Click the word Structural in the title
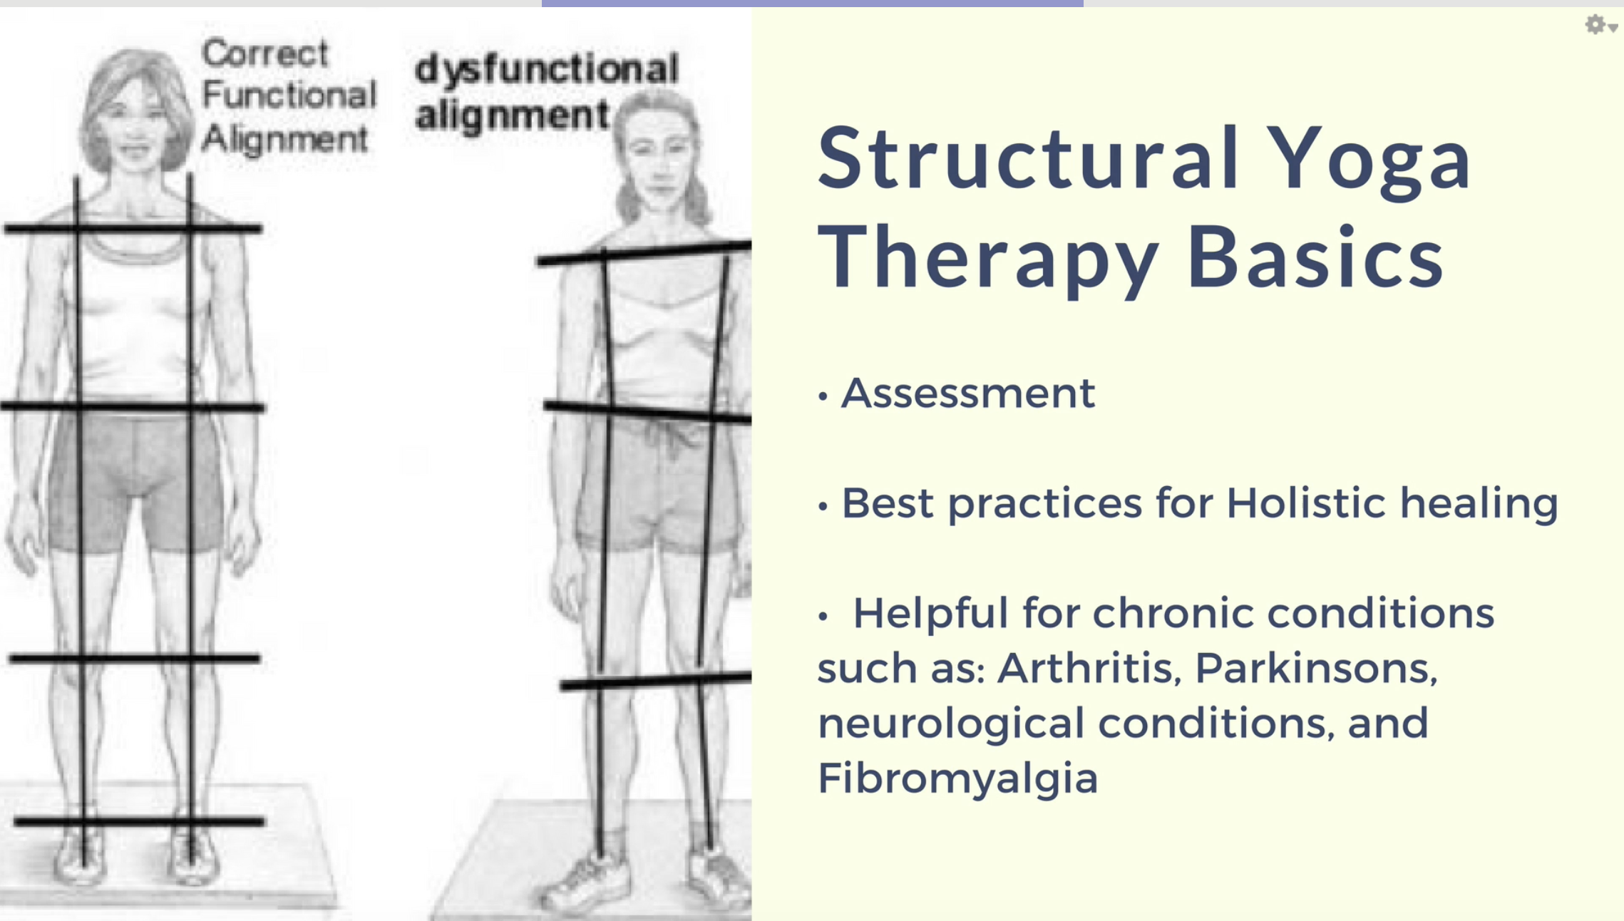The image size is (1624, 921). pyautogui.click(x=1028, y=158)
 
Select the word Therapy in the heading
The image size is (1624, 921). pyautogui.click(x=988, y=257)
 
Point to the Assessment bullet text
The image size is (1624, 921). pyautogui.click(x=968, y=393)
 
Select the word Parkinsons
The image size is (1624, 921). pyautogui.click(x=1316, y=668)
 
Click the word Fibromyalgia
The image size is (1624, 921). pyautogui.click(x=957, y=778)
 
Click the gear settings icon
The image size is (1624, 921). pyautogui.click(x=1595, y=25)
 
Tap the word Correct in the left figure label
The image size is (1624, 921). pyautogui.click(x=264, y=53)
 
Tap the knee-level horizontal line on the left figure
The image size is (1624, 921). pyautogui.click(x=135, y=659)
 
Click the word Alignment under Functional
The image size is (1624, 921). pyautogui.click(x=284, y=140)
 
